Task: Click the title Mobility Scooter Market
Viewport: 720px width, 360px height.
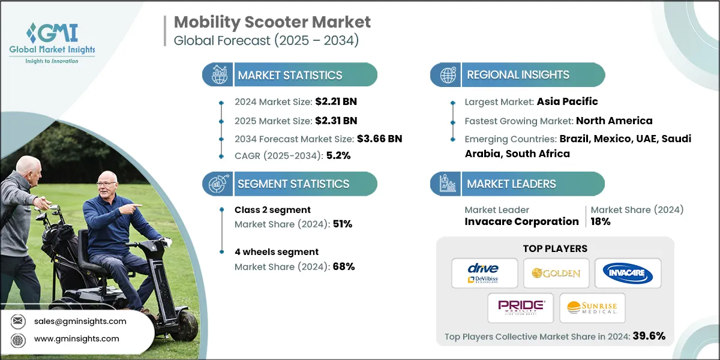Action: (272, 22)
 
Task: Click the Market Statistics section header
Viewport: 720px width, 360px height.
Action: (290, 75)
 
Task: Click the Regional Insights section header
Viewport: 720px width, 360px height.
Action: (518, 75)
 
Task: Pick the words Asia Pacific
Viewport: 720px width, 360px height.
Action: (567, 101)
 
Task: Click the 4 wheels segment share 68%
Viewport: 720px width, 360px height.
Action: (343, 266)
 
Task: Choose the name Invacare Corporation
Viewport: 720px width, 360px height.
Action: (521, 221)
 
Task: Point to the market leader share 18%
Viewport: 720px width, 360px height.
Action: (600, 221)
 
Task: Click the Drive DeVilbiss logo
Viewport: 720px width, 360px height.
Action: (485, 273)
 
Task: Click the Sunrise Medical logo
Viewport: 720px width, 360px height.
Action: (592, 308)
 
